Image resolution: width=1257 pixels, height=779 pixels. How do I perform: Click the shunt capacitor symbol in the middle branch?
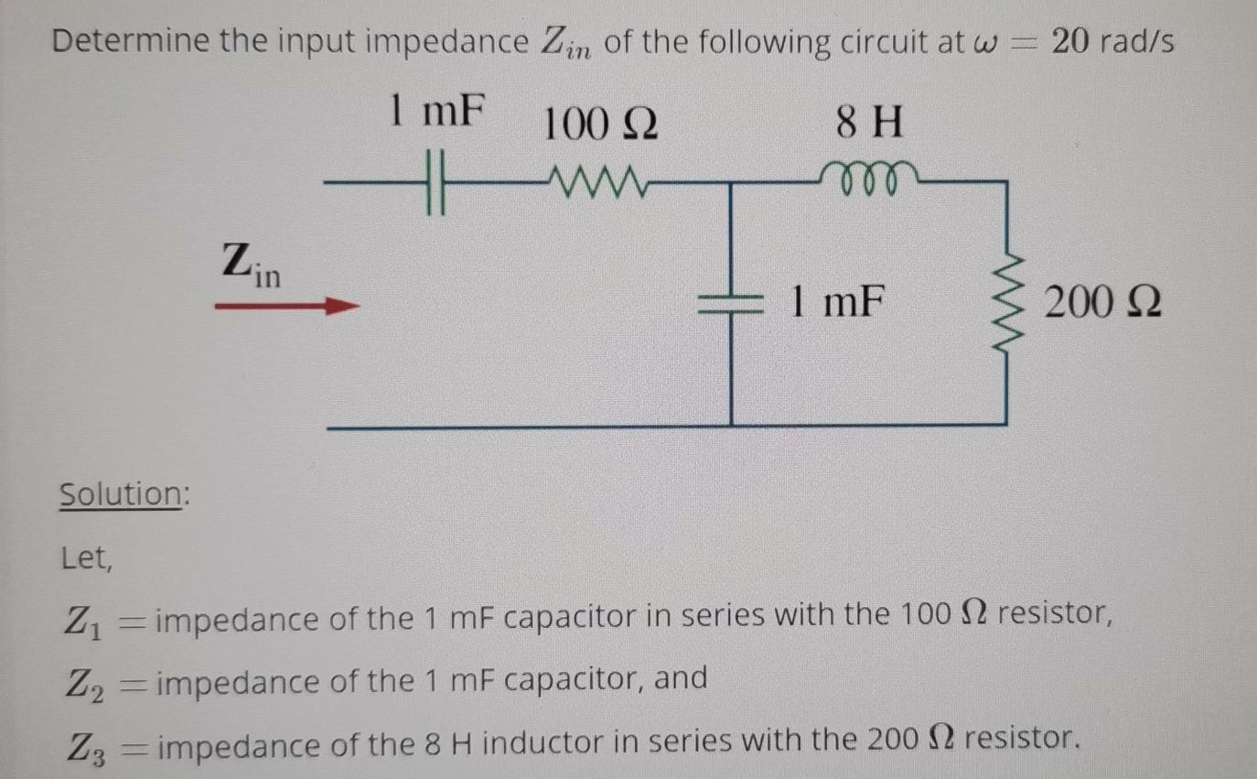(x=730, y=306)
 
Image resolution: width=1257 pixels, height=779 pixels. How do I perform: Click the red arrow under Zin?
(x=285, y=308)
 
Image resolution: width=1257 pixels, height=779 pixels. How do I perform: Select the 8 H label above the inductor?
(x=870, y=123)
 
